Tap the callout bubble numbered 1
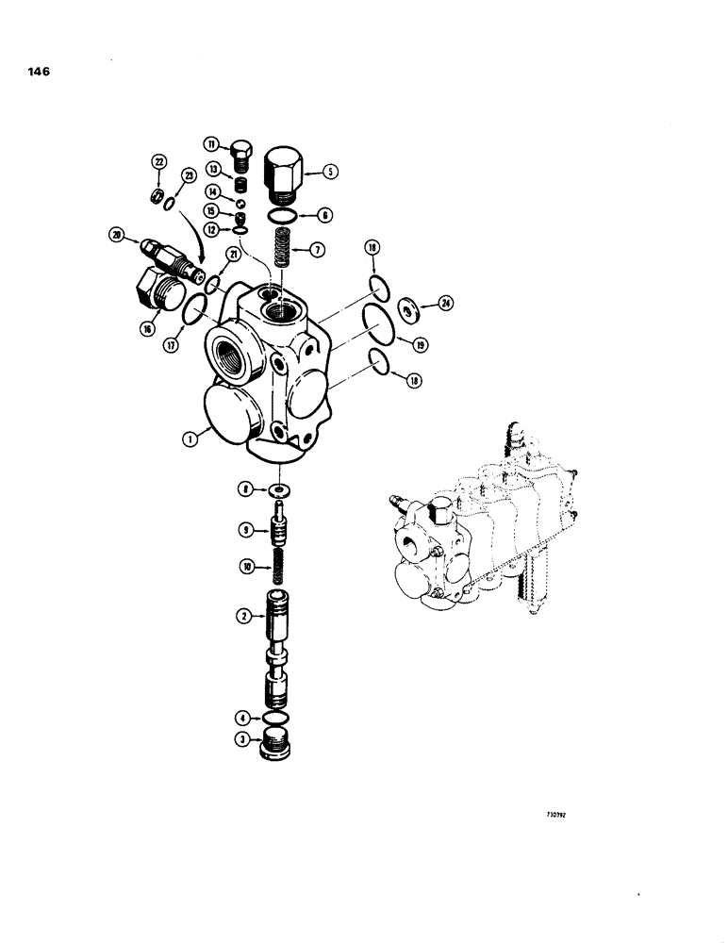[189, 439]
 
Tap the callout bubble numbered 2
[243, 616]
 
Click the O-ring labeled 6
[280, 214]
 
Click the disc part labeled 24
[409, 307]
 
